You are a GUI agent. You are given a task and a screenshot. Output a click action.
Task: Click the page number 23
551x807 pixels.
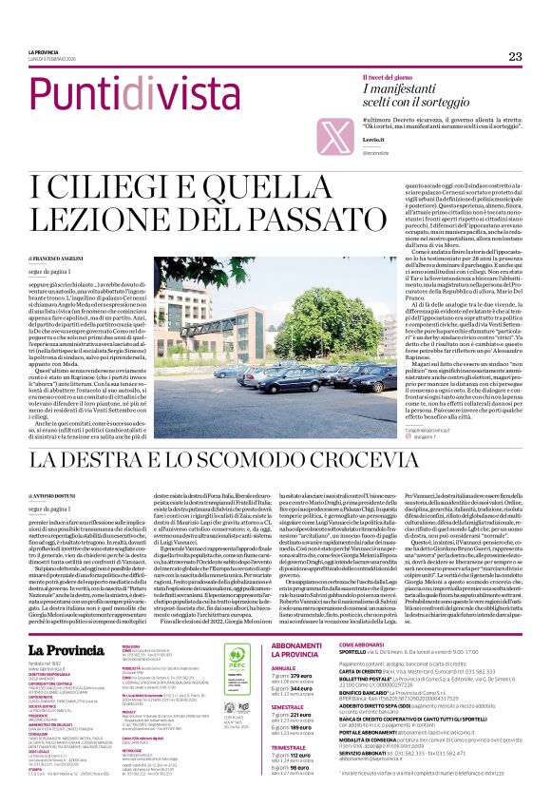pyautogui.click(x=515, y=57)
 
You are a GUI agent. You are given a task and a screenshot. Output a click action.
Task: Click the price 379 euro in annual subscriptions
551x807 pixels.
pyautogui.click(x=297, y=676)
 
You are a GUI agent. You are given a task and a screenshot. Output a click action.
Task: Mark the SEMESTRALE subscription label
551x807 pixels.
pyautogui.click(x=289, y=708)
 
